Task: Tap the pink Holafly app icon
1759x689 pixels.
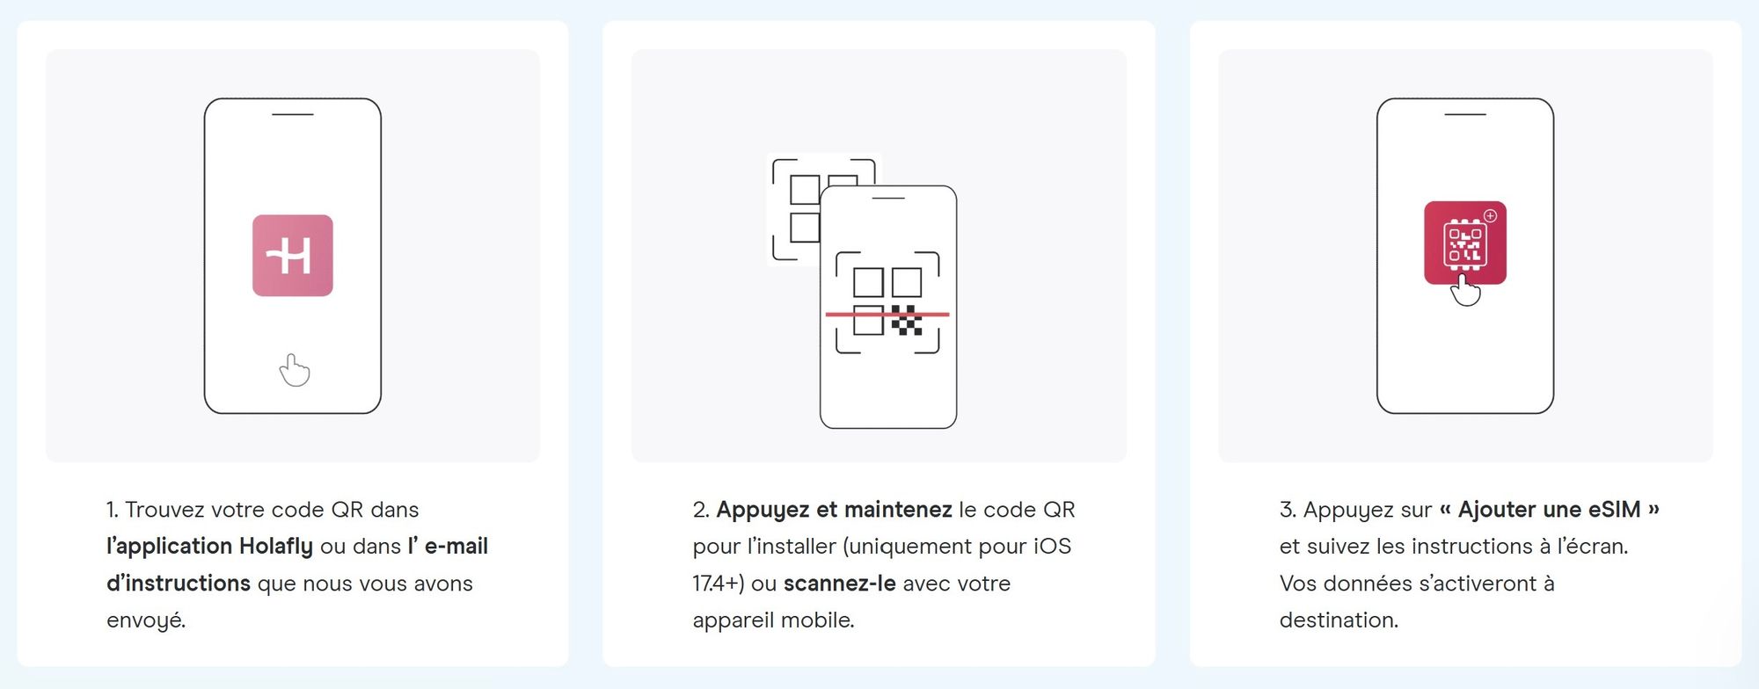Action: pyautogui.click(x=292, y=256)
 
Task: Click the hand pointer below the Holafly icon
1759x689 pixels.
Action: pyautogui.click(x=295, y=370)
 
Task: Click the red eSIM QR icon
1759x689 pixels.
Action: pyautogui.click(x=1464, y=242)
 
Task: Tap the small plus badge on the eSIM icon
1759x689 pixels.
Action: pyautogui.click(x=1490, y=215)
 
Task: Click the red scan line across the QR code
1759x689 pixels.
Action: pyautogui.click(x=887, y=314)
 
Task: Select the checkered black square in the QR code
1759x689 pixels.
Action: pyautogui.click(x=907, y=320)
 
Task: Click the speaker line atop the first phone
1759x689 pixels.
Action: pyautogui.click(x=292, y=114)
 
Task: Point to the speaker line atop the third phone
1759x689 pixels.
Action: pyautogui.click(x=1464, y=114)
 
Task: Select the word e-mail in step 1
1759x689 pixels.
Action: pyautogui.click(x=456, y=547)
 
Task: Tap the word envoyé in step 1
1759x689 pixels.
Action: pyautogui.click(x=145, y=620)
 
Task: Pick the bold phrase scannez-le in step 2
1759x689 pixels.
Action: pyautogui.click(x=839, y=584)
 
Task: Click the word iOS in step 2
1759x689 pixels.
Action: pyautogui.click(x=1052, y=547)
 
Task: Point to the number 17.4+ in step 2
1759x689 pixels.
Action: pyautogui.click(x=718, y=584)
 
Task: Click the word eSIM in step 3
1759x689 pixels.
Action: pyautogui.click(x=1614, y=510)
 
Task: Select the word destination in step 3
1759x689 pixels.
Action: pyautogui.click(x=1338, y=620)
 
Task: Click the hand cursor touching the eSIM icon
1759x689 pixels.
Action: pyautogui.click(x=1464, y=290)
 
